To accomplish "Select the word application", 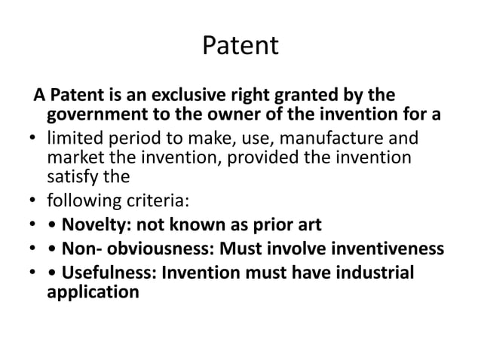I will click(93, 291).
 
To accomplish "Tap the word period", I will click(130, 139).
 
